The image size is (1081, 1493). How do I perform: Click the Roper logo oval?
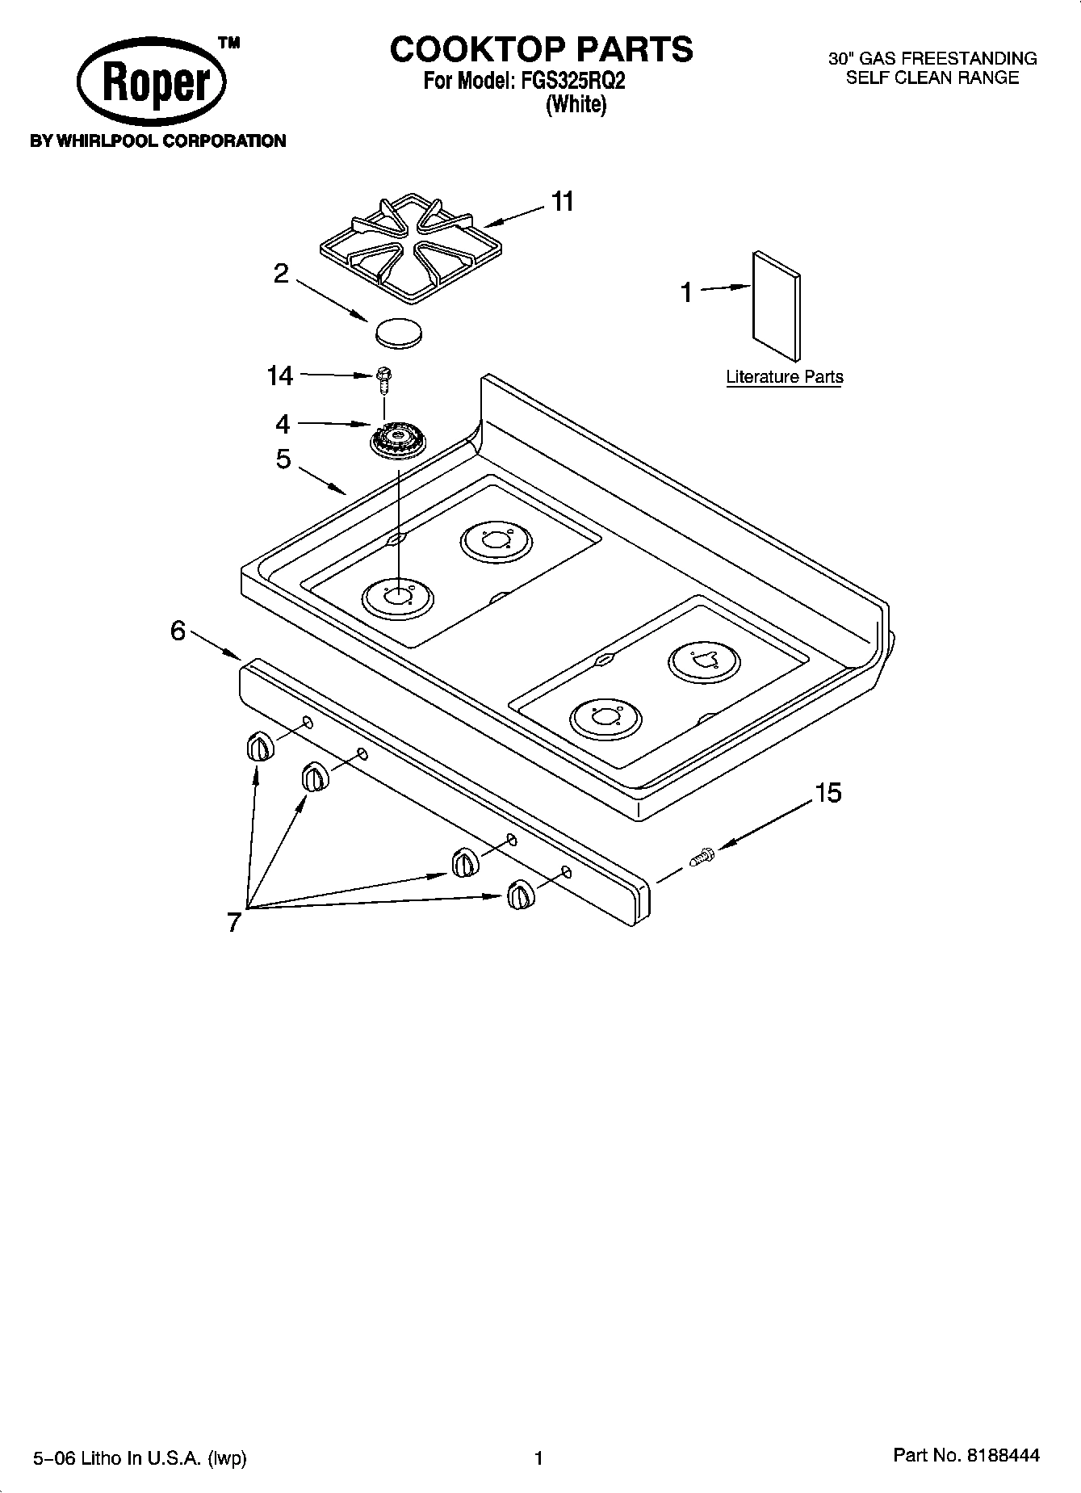(x=151, y=83)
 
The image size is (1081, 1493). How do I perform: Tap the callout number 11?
(x=562, y=201)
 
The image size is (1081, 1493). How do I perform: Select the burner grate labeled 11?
(x=400, y=247)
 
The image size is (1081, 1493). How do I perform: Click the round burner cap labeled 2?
(x=399, y=333)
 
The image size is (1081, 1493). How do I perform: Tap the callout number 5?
(x=283, y=459)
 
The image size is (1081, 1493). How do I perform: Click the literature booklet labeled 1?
(x=777, y=305)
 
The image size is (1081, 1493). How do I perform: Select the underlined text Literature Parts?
(x=784, y=377)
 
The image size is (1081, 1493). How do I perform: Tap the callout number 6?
(x=178, y=631)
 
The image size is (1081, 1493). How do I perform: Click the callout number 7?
(x=234, y=922)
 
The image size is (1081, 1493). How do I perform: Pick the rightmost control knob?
(x=519, y=895)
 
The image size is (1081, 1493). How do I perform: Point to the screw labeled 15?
(x=702, y=857)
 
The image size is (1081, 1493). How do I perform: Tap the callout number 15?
(x=828, y=793)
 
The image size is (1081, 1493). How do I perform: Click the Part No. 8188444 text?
(x=966, y=1455)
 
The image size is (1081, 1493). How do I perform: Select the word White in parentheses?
(x=576, y=105)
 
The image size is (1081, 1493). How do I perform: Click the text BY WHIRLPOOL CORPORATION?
(x=157, y=141)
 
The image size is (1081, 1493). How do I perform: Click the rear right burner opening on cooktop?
(x=703, y=661)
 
